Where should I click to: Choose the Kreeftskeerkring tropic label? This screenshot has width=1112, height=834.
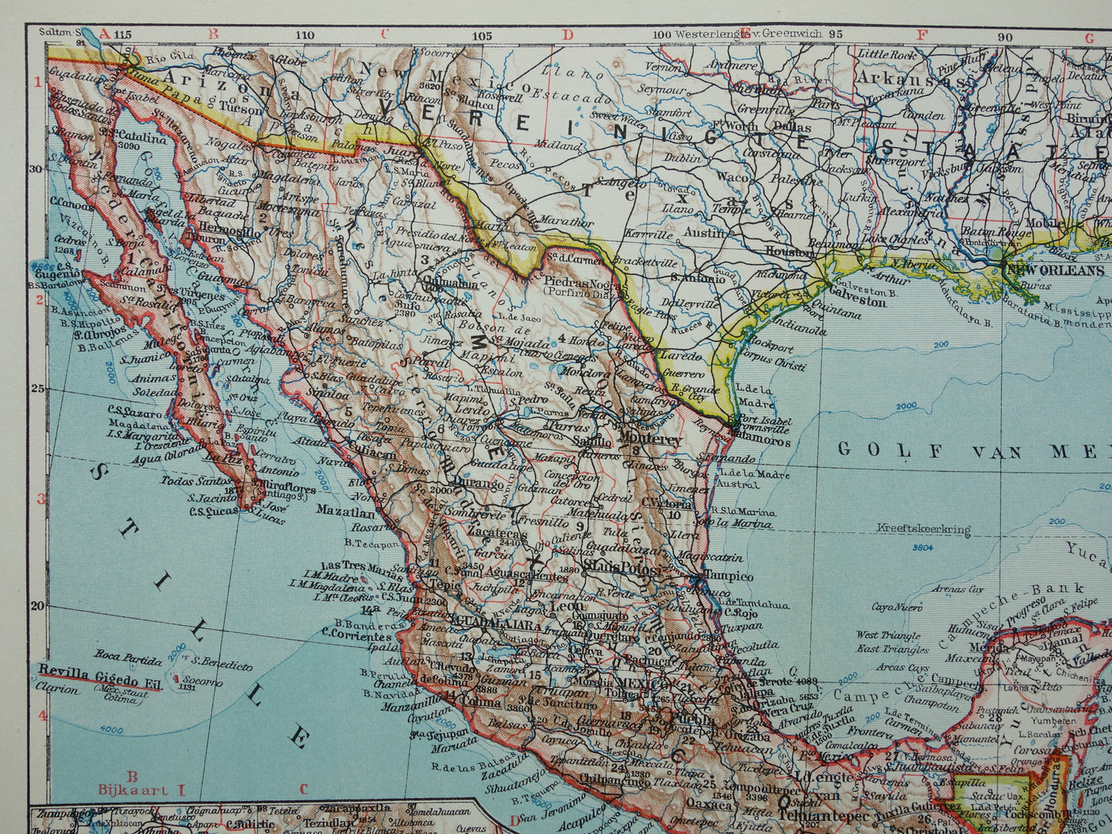coord(923,529)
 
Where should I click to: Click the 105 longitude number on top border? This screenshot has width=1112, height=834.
coord(482,35)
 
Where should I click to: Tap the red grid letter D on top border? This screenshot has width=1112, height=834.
coord(568,34)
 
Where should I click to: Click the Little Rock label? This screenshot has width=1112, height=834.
coord(884,55)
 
